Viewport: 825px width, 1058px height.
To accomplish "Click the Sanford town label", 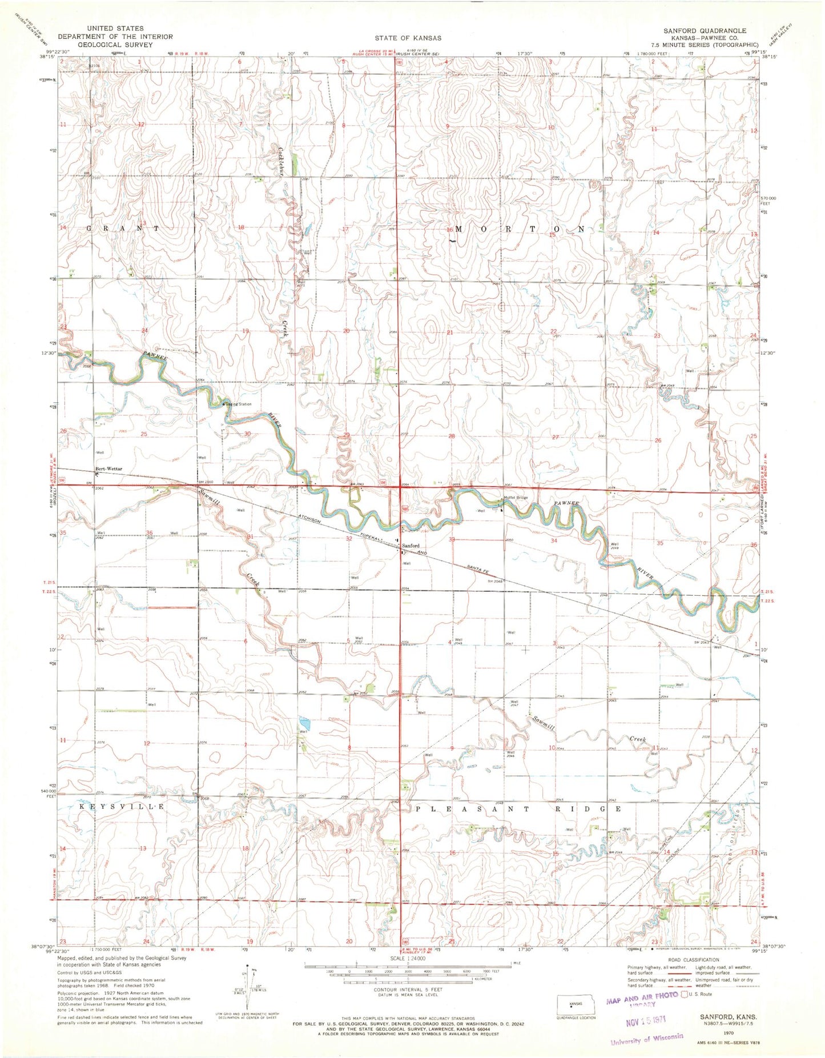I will point(411,546).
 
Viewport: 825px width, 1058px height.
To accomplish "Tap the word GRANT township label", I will point(122,228).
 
